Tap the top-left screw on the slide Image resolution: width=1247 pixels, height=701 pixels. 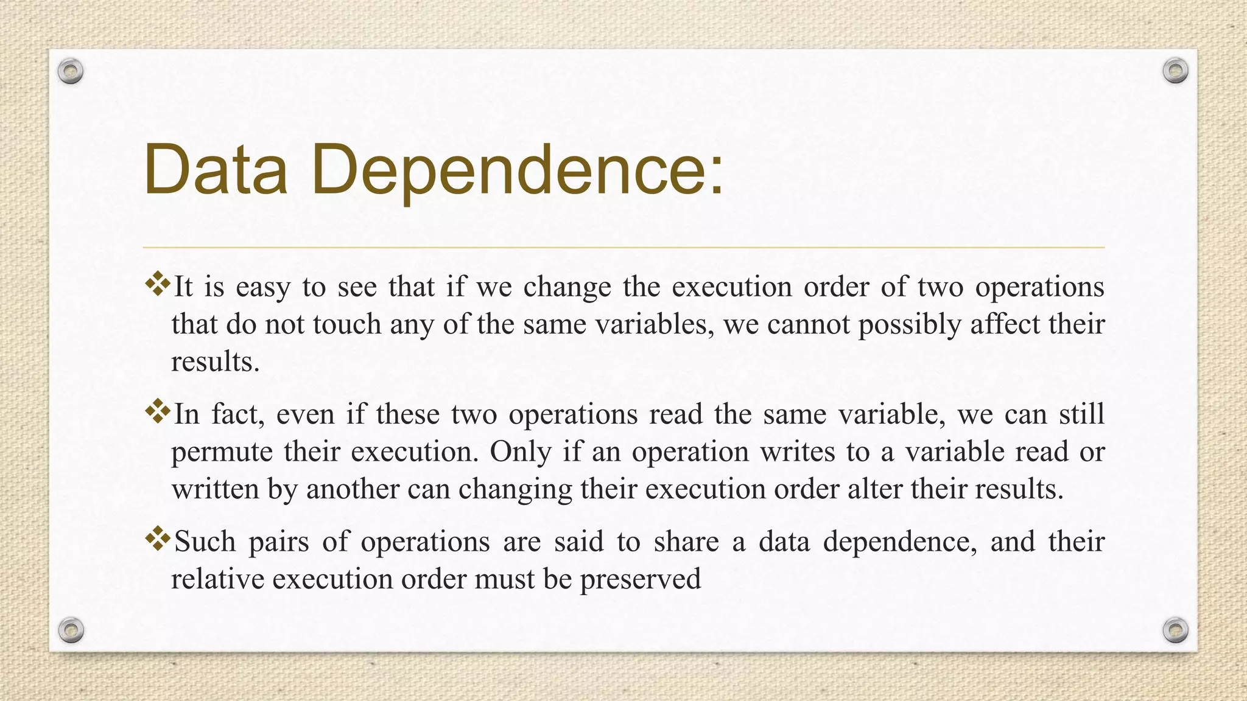tap(71, 72)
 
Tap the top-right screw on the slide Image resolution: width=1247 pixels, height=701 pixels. tap(1175, 71)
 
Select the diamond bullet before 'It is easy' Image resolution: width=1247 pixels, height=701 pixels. tap(158, 284)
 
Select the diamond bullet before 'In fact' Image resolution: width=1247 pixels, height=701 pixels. tap(158, 412)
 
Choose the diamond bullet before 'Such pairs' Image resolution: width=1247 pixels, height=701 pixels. tap(158, 539)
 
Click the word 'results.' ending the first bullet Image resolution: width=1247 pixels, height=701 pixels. tap(216, 362)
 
